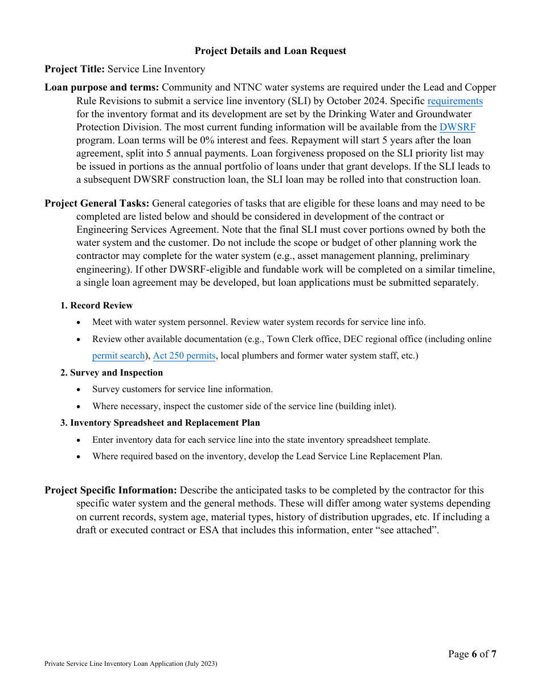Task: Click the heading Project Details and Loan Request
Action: pyautogui.click(x=270, y=51)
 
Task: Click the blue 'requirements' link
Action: pyautogui.click(x=454, y=101)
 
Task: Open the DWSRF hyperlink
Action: pyautogui.click(x=457, y=127)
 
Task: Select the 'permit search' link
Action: pyautogui.click(x=118, y=356)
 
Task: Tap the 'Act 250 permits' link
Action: pyautogui.click(x=184, y=356)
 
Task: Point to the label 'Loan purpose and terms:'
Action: pyautogui.click(x=102, y=87)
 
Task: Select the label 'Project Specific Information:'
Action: pyautogui.click(x=111, y=490)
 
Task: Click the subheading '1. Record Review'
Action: pyautogui.click(x=96, y=306)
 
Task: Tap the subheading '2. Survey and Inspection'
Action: pyautogui.click(x=112, y=373)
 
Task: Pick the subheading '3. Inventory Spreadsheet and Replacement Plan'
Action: pyautogui.click(x=160, y=423)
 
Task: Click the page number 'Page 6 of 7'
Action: pyautogui.click(x=472, y=654)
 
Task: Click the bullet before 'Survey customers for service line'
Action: pyautogui.click(x=79, y=390)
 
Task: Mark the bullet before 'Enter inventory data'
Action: pyautogui.click(x=79, y=440)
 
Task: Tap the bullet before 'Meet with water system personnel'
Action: pyautogui.click(x=79, y=323)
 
